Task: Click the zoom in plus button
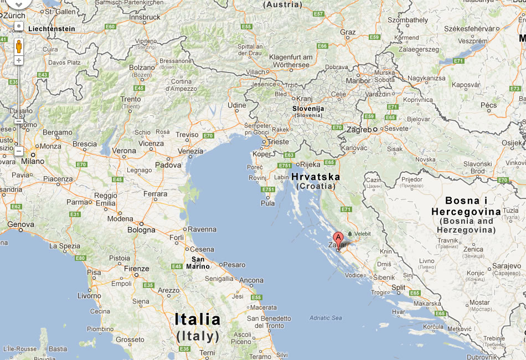point(19,60)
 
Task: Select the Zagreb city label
point(358,129)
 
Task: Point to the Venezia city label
point(190,151)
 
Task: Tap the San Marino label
point(200,263)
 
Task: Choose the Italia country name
point(198,320)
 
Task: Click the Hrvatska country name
point(316,177)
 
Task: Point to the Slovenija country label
point(308,109)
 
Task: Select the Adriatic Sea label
point(326,318)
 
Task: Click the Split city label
point(399,287)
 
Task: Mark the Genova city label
point(20,225)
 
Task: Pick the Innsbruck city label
point(144,18)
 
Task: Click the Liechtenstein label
point(51,28)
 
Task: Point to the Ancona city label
point(251,280)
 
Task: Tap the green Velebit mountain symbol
point(349,234)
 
